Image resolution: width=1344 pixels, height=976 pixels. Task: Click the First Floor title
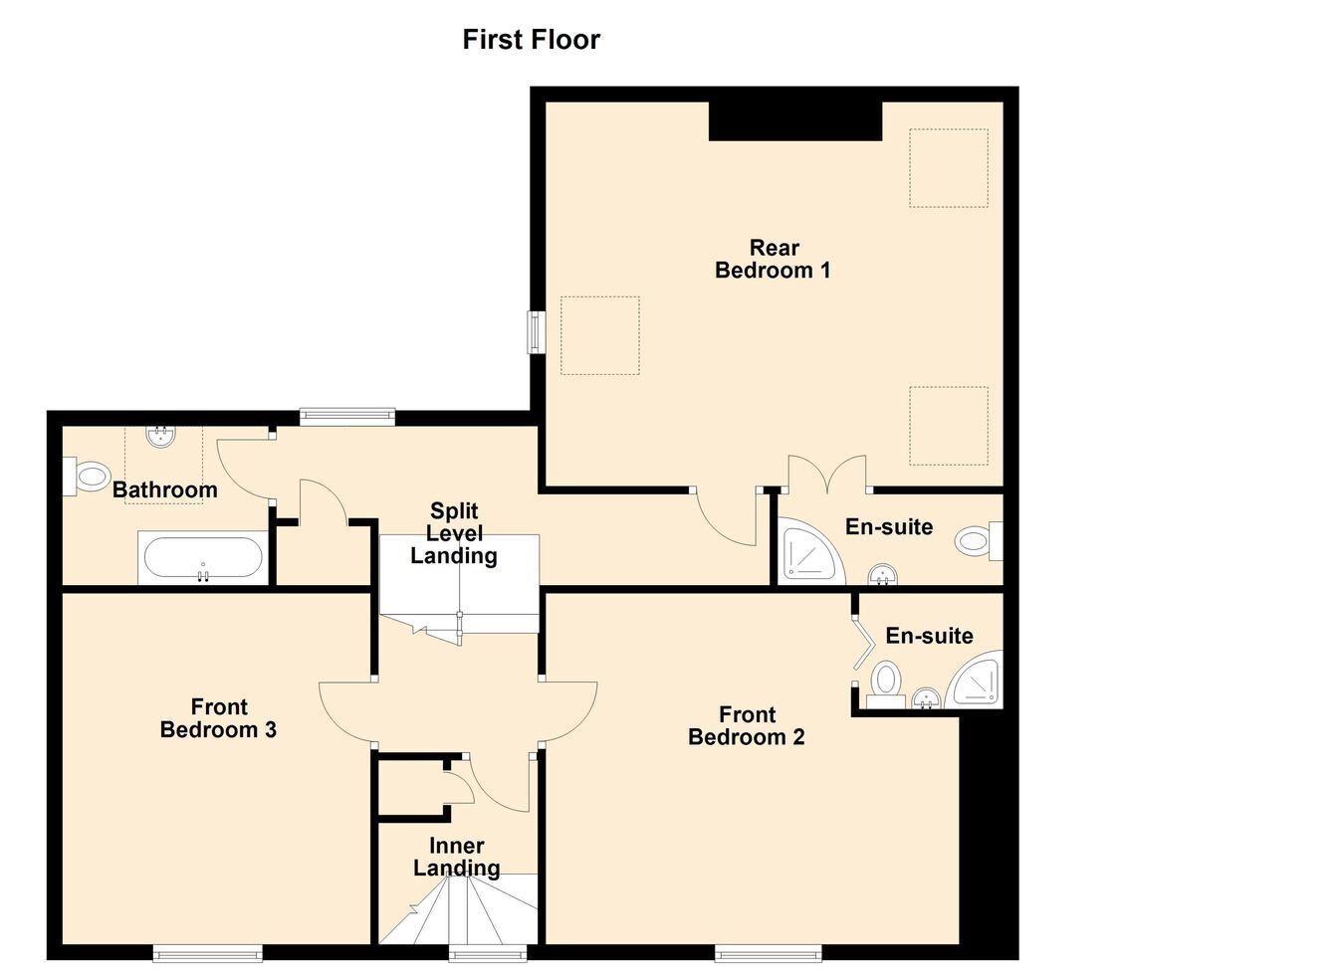[531, 40]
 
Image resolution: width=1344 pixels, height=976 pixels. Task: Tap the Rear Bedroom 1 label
[773, 259]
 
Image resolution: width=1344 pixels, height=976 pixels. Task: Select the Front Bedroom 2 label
[746, 725]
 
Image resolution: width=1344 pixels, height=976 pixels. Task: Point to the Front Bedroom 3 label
[218, 718]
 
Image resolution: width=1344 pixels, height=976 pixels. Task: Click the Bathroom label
[165, 489]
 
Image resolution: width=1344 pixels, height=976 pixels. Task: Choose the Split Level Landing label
[454, 533]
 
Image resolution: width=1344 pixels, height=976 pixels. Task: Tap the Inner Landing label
[456, 857]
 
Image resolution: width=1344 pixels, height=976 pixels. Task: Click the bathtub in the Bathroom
[203, 557]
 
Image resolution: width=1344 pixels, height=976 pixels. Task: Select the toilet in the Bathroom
[86, 476]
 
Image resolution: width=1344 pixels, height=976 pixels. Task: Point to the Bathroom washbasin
[160, 436]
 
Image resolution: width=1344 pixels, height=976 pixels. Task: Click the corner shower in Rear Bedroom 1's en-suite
[811, 551]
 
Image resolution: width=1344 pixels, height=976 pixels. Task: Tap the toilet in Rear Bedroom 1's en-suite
[979, 541]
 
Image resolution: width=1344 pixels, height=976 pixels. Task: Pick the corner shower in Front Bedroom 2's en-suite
[975, 679]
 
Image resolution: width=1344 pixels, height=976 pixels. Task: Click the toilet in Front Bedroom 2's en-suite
[886, 684]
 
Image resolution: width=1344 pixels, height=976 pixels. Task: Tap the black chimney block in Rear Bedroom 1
[795, 121]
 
